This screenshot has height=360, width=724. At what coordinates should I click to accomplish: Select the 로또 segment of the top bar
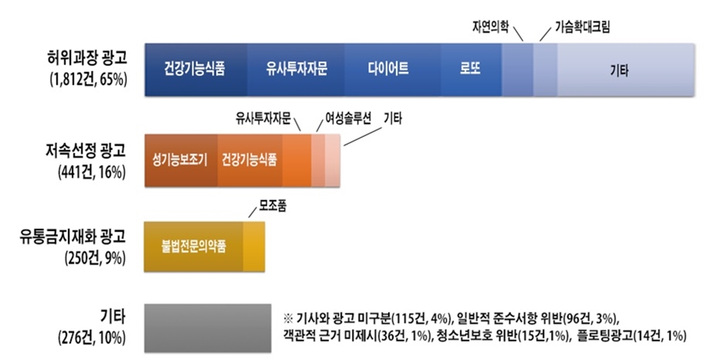pos(471,70)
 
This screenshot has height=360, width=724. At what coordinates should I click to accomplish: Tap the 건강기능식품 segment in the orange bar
pos(250,160)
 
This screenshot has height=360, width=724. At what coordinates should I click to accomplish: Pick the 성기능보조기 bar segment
pos(181,160)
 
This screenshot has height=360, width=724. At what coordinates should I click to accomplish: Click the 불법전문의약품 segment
pos(194,246)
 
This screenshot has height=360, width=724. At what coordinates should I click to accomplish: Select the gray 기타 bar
pos(208,328)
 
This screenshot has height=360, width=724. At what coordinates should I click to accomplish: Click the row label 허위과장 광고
pos(86,59)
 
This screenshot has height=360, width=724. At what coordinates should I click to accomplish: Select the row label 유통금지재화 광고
pos(72,238)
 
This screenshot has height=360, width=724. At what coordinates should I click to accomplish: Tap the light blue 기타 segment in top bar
pos(626,70)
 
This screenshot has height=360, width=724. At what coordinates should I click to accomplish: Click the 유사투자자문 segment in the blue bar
pos(295,70)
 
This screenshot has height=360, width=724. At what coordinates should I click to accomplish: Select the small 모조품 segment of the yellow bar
pos(254,246)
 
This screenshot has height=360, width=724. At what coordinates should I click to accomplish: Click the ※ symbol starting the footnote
pos(288,319)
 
